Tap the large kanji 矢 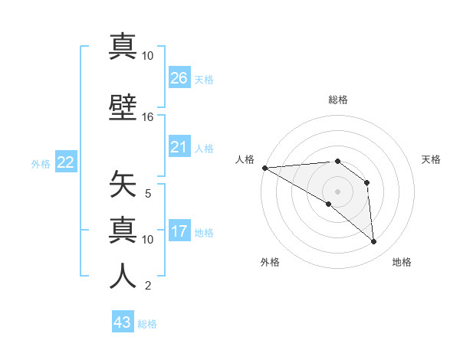(123, 186)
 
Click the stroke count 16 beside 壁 (148, 117)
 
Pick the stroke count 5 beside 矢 (149, 194)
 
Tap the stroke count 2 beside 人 (148, 286)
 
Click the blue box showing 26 (179, 77)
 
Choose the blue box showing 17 (179, 231)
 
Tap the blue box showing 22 (66, 162)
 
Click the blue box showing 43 (123, 322)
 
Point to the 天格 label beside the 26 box (204, 79)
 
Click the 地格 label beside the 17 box (204, 232)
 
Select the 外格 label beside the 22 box (41, 163)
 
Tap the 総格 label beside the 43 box (147, 324)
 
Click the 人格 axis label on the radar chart (244, 159)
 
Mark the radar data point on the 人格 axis (264, 167)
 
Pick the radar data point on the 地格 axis (373, 241)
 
